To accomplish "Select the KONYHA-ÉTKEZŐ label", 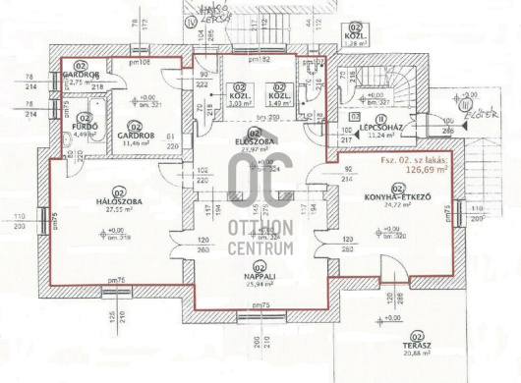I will tap(398, 196).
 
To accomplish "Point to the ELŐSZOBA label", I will tap(253, 141).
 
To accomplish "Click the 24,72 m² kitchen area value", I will tap(398, 204).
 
